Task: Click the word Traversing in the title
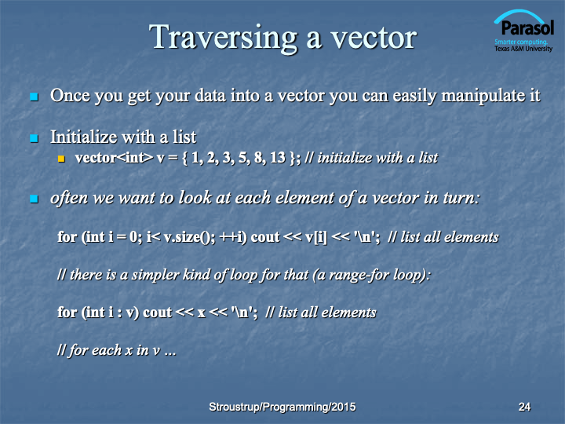click(224, 38)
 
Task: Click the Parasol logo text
click(527, 28)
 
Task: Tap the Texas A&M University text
click(523, 49)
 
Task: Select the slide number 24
click(524, 407)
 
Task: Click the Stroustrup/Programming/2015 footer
click(282, 407)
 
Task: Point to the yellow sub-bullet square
click(61, 159)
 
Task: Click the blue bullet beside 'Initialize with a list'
click(35, 138)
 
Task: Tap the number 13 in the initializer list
click(278, 158)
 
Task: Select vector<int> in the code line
click(114, 158)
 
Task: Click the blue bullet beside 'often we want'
click(35, 199)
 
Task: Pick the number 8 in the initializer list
click(258, 158)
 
